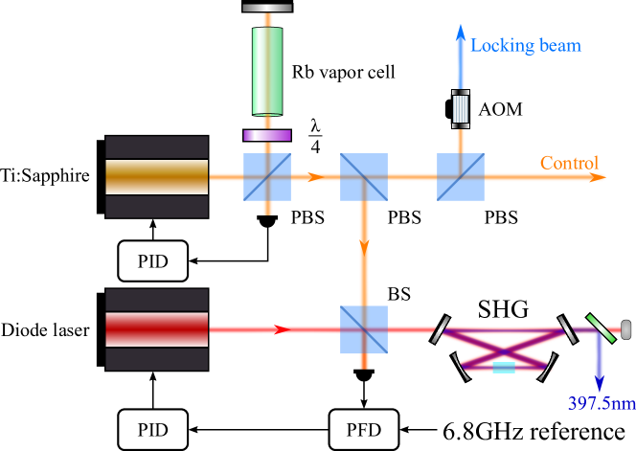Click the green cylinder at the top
(267, 71)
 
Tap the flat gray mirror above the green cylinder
(266, 8)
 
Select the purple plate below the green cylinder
(267, 135)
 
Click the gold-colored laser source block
(157, 177)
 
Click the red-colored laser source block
(157, 329)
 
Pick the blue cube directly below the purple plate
(267, 177)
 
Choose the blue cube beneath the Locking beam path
(461, 177)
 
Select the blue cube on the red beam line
(364, 329)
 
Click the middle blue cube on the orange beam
(364, 177)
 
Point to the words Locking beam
(525, 45)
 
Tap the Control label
(569, 163)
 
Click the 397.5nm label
(601, 403)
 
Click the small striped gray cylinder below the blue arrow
(461, 108)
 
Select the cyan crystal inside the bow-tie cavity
(504, 367)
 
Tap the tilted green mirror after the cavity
(601, 329)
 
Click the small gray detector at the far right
(626, 329)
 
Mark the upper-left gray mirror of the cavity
(441, 330)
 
